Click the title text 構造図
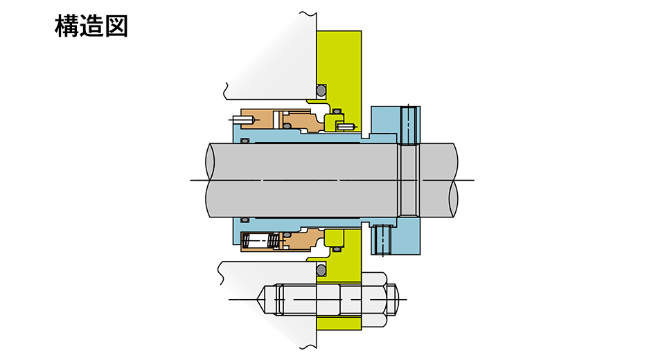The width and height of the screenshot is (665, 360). click(x=91, y=26)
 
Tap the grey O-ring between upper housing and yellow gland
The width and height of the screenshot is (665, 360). click(x=321, y=90)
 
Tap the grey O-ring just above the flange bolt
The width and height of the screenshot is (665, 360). click(x=321, y=270)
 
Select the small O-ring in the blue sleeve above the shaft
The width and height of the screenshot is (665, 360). click(x=245, y=141)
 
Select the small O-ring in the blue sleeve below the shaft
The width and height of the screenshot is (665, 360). click(x=245, y=219)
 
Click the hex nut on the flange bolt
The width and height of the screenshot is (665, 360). click(x=373, y=299)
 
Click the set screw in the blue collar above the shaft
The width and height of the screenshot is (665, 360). click(x=409, y=125)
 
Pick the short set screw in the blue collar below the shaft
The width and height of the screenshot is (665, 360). click(x=382, y=240)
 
